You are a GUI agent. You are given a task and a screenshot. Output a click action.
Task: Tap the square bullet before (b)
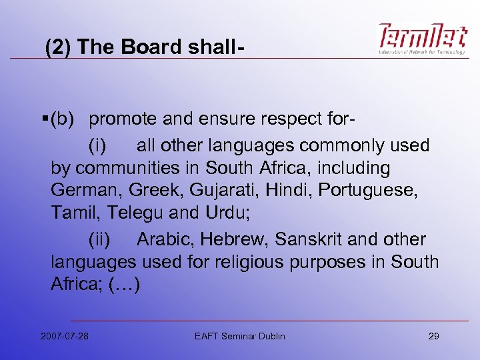[43, 119]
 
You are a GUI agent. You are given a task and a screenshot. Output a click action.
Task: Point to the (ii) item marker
[104, 239]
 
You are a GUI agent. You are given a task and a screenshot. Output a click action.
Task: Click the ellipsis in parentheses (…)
[123, 285]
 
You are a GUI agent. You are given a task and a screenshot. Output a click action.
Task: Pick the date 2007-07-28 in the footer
[64, 336]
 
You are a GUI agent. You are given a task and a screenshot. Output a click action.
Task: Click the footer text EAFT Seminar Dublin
[239, 336]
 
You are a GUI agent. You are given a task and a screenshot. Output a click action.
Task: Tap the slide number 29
[433, 336]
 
